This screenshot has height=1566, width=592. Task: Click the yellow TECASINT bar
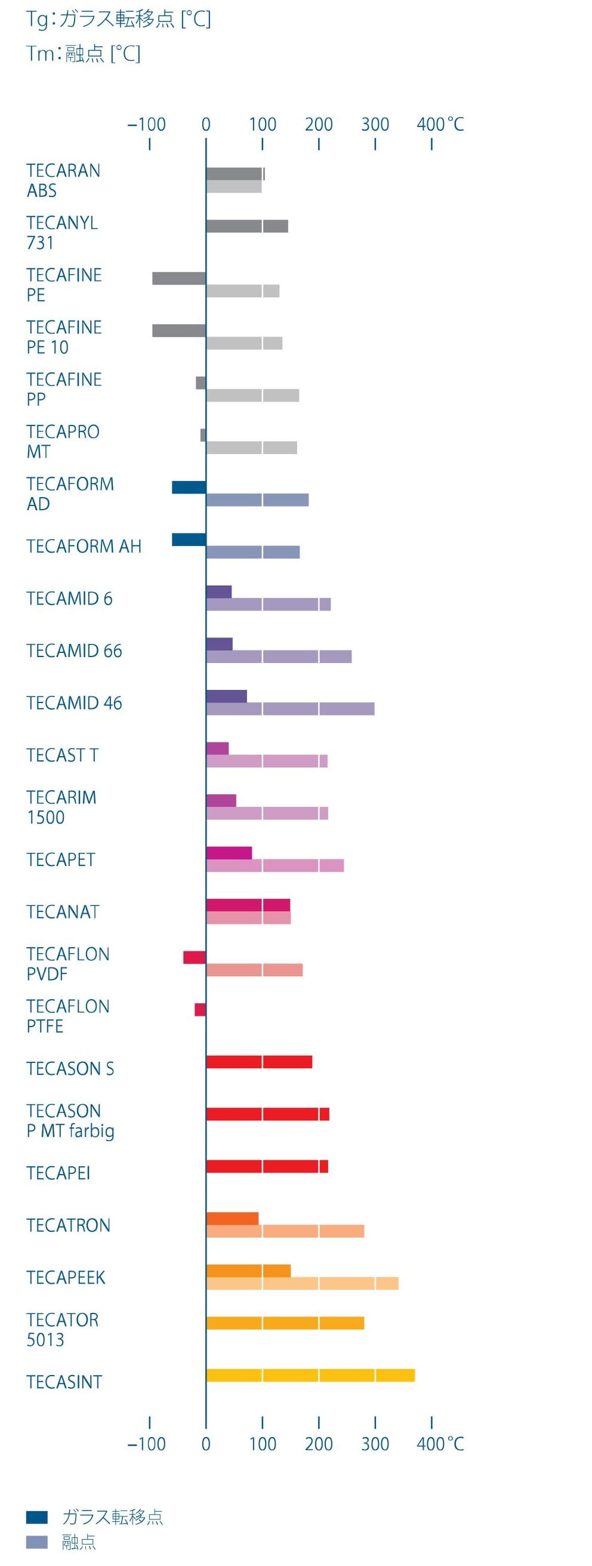310,1375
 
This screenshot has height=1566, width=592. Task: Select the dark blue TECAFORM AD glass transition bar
189,487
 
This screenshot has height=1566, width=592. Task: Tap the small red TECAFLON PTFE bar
200,1009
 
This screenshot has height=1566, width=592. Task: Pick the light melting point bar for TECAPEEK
302,1283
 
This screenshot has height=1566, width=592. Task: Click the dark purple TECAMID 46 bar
226,696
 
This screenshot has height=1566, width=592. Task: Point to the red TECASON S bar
259,1062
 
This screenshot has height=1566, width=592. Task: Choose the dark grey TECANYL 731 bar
247,226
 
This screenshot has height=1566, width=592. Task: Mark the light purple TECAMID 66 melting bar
278,656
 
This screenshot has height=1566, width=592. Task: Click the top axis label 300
375,125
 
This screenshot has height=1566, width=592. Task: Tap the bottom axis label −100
146,1444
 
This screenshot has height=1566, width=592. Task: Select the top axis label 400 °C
440,125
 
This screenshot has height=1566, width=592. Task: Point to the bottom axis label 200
319,1444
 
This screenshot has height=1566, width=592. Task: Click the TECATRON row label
68,1225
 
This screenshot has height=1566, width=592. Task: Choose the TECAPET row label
61,859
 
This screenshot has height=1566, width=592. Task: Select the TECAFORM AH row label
84,546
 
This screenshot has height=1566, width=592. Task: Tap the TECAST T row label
62,755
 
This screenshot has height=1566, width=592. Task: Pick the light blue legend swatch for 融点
36,1542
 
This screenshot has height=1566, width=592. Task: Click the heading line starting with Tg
119,20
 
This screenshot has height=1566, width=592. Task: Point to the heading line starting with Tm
84,54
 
